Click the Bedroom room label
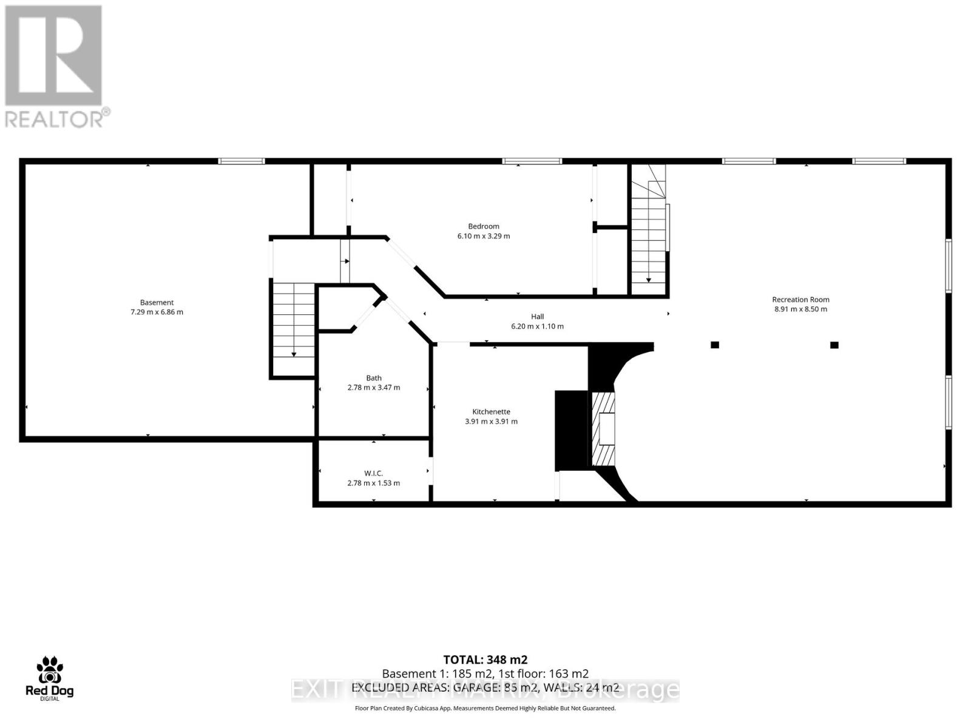click(483, 226)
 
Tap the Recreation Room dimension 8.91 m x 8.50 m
click(800, 309)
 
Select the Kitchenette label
click(491, 411)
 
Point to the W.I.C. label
click(373, 473)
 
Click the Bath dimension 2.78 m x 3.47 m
click(373, 387)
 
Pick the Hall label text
click(537, 316)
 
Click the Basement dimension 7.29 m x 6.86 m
click(157, 312)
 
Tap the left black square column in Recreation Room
click(715, 345)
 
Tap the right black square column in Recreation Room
click(834, 345)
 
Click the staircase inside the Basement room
click(294, 322)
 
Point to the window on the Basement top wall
click(242, 161)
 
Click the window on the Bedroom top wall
click(532, 161)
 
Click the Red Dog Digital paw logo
click(49, 671)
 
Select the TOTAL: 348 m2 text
click(485, 659)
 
